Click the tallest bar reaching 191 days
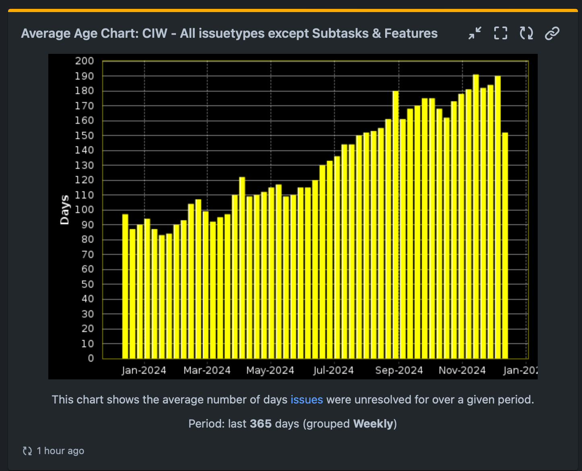pos(476,217)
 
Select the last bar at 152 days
pos(505,245)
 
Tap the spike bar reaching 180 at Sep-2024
pos(396,225)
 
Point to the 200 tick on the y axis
pos(85,61)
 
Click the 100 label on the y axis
pos(85,210)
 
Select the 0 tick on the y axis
pos(91,358)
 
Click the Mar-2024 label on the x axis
pos(207,370)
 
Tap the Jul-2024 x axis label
pos(333,370)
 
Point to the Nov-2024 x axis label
pos(462,370)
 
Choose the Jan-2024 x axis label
pos(144,370)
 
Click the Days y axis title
pos(64,210)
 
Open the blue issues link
pos(307,399)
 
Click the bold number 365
pos(260,424)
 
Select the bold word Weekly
pos(373,424)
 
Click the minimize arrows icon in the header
pos(475,33)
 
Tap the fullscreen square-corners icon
pos(501,33)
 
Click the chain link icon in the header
pos(552,33)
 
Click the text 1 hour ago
pos(60,451)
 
